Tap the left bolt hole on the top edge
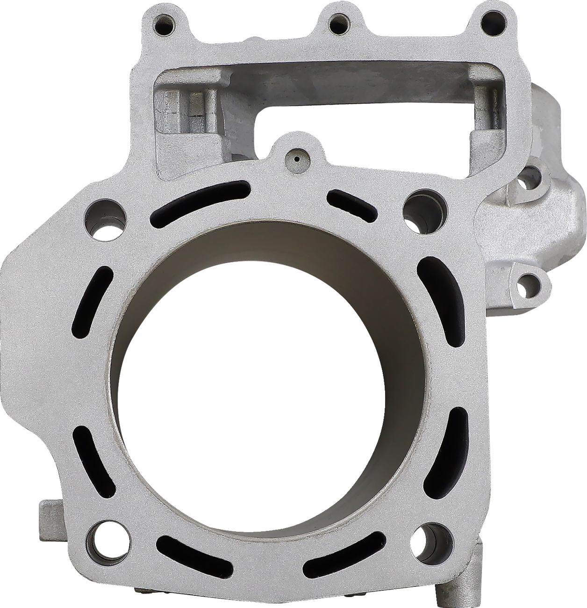[x=164, y=22]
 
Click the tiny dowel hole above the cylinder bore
[x=295, y=159]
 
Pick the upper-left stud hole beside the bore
[x=105, y=217]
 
